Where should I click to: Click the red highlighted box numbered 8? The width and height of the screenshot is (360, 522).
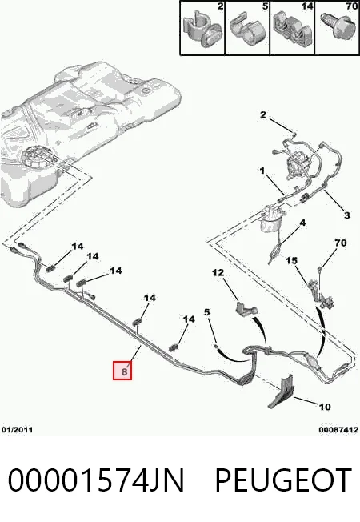122,371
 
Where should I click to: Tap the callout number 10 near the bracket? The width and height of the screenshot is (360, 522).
324,407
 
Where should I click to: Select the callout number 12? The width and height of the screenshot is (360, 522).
218,273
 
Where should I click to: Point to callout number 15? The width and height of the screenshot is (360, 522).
291,260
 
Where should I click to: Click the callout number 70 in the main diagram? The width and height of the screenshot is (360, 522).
340,243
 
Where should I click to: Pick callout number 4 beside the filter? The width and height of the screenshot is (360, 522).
302,223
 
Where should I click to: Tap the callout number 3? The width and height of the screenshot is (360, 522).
347,215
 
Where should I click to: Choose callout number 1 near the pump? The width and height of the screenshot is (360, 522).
262,171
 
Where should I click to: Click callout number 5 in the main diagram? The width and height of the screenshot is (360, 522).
207,312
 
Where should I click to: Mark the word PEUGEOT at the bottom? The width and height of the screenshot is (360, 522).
283,480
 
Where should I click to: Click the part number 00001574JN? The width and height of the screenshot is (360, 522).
96,480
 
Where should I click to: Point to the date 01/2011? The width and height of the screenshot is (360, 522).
17,430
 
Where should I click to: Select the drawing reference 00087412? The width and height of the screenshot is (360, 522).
338,430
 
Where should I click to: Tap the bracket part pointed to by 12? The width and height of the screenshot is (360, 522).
246,308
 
